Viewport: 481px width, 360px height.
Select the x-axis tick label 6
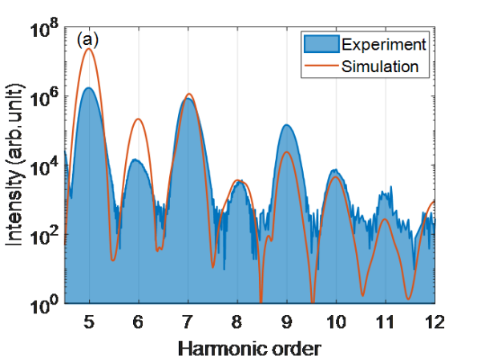(138, 320)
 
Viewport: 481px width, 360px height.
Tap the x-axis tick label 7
(188, 320)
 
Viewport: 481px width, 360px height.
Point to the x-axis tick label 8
(237, 320)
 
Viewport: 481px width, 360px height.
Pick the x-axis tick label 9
(287, 320)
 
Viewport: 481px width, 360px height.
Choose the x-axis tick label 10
(336, 320)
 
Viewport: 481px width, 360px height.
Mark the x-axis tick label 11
(386, 320)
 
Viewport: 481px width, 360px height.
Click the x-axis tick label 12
(435, 320)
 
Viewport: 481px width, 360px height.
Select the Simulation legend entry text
(380, 66)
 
